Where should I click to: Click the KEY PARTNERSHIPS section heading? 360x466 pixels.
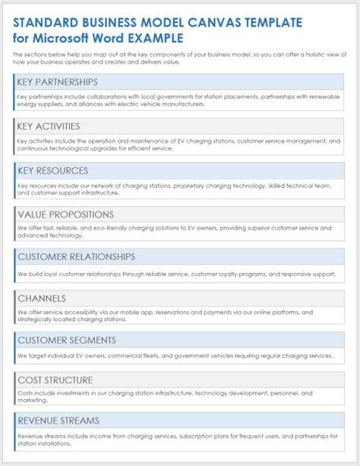click(58, 82)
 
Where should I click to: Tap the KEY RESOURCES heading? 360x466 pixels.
click(52, 170)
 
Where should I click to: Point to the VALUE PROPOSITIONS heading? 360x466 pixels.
click(65, 214)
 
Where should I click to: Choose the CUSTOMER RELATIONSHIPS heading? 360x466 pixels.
click(76, 257)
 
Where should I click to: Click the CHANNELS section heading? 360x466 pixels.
click(42, 299)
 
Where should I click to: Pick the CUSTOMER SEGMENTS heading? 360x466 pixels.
click(66, 340)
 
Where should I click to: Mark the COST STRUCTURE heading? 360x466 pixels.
click(55, 380)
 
